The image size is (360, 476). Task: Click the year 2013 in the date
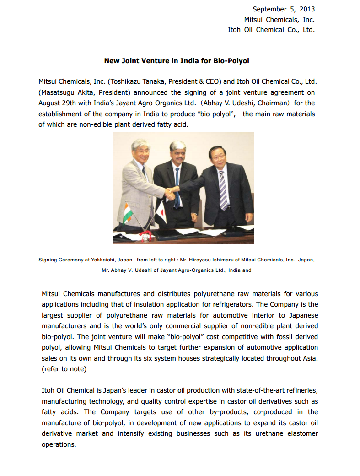306,9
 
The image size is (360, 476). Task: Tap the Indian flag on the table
128,211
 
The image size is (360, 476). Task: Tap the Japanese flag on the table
160,210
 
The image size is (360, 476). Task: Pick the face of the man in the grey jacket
140,151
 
